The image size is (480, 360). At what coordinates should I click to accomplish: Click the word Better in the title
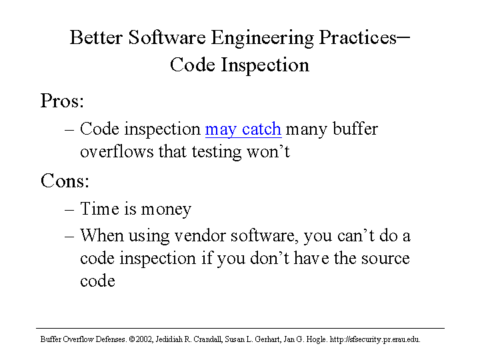96,37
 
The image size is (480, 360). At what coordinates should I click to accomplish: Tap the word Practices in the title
357,37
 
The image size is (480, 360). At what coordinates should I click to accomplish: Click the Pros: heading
62,101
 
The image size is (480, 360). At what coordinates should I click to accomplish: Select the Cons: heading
65,181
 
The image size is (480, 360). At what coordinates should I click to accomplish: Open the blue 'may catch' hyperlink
243,129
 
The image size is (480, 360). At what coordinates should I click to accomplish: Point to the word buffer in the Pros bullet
355,128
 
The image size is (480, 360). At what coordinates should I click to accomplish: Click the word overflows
117,151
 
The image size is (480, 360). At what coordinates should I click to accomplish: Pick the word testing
217,152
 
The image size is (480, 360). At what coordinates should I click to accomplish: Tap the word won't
268,151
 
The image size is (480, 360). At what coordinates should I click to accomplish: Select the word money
166,210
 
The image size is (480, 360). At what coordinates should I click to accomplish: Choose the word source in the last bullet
385,259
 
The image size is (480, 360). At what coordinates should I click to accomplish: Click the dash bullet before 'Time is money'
69,210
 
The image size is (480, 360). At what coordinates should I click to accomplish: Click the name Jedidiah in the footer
169,339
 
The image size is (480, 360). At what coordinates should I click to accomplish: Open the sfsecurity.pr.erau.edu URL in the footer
375,339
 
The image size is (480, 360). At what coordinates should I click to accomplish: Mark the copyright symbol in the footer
132,339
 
